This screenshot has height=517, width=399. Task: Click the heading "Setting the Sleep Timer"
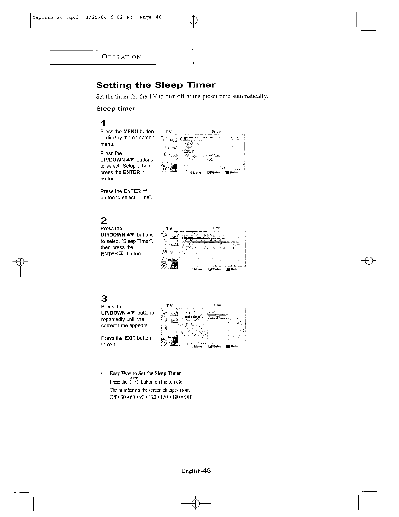(x=156, y=86)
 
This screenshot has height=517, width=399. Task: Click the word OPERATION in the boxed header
(x=121, y=57)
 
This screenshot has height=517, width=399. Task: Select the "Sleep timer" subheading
(x=116, y=108)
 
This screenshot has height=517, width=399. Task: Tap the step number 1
(x=103, y=124)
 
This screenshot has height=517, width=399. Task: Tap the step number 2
(x=103, y=220)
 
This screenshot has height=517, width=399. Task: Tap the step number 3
(x=103, y=298)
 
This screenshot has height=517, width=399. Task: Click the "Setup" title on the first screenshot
(x=216, y=132)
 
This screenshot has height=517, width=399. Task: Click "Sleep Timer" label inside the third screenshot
(x=192, y=317)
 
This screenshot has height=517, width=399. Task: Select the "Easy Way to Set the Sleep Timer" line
(x=145, y=373)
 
